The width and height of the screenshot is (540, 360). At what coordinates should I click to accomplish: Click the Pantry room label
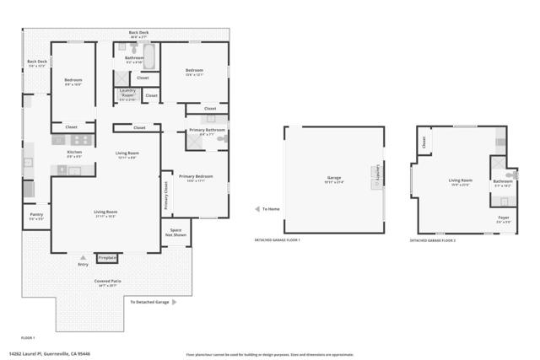point(36,214)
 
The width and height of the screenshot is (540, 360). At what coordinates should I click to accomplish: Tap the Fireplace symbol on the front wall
point(107,257)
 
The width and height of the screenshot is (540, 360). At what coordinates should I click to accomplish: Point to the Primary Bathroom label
point(207,130)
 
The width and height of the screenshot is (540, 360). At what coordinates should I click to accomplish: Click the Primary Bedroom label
point(196,176)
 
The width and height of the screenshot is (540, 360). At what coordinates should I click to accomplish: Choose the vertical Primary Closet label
point(165,195)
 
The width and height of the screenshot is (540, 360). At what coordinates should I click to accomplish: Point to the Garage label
point(334,178)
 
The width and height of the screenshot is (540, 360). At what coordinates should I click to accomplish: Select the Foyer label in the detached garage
point(503,218)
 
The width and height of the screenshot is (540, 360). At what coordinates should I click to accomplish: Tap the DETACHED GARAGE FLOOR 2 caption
point(433,240)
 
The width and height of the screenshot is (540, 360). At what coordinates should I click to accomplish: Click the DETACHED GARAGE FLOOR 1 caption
point(278,240)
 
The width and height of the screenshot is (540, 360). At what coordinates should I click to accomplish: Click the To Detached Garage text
point(149,301)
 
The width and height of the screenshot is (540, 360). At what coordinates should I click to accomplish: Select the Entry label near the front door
point(83,264)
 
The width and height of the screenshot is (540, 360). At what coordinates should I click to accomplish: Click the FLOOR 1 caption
point(29,337)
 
